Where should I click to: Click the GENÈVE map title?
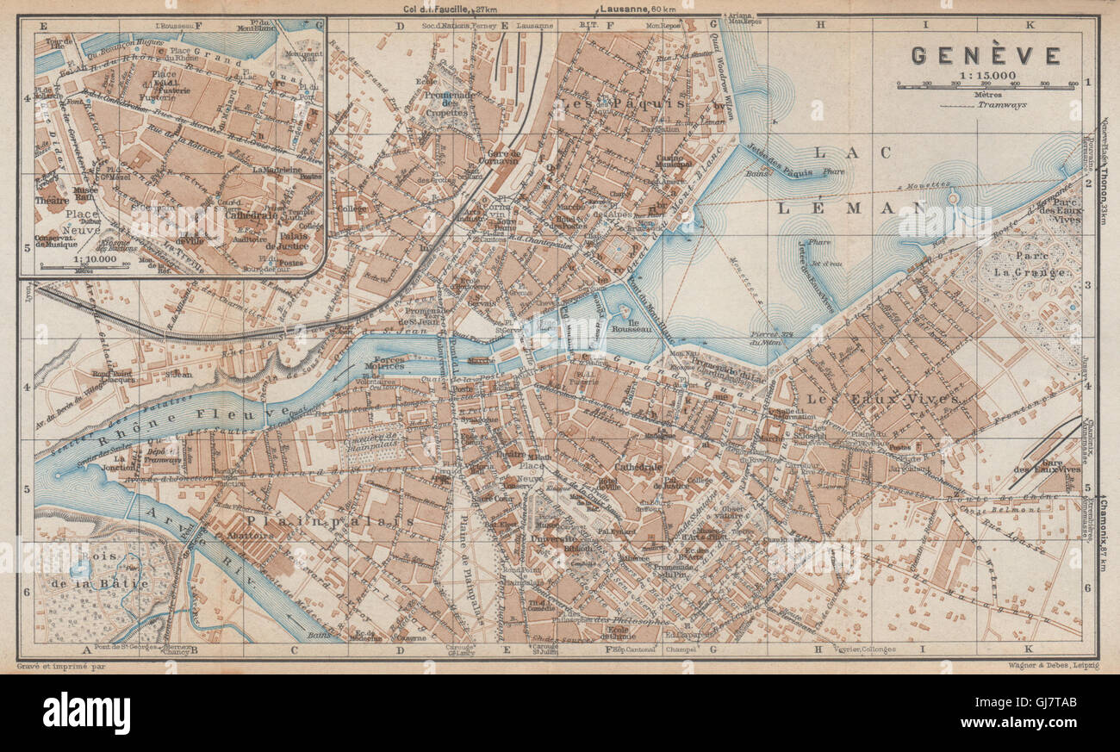[x=986, y=56]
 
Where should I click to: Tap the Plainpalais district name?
[x=331, y=521]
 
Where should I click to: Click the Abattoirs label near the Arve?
[x=251, y=534]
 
